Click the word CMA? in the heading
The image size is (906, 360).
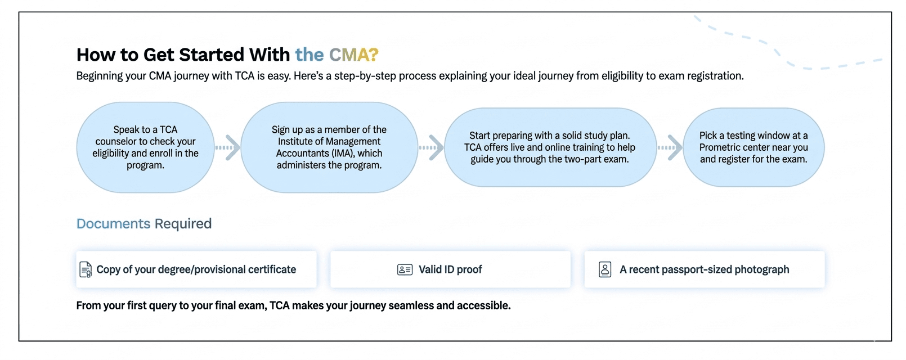click(x=353, y=55)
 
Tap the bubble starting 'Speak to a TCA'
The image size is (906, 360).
click(x=145, y=147)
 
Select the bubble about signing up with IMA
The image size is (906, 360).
click(x=329, y=147)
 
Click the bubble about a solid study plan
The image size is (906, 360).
click(x=550, y=147)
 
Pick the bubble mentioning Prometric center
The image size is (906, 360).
click(x=753, y=147)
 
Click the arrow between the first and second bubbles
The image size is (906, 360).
click(x=228, y=147)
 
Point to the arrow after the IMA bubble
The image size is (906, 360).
click(x=432, y=147)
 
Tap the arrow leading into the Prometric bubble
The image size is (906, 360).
click(x=670, y=147)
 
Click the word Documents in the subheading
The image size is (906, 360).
click(x=113, y=224)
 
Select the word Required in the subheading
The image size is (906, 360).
click(x=183, y=224)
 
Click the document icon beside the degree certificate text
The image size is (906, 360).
click(x=86, y=270)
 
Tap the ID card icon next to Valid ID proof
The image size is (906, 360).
click(x=405, y=270)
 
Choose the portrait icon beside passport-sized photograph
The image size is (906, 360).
click(x=605, y=270)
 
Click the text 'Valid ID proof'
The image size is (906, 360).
click(x=450, y=270)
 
